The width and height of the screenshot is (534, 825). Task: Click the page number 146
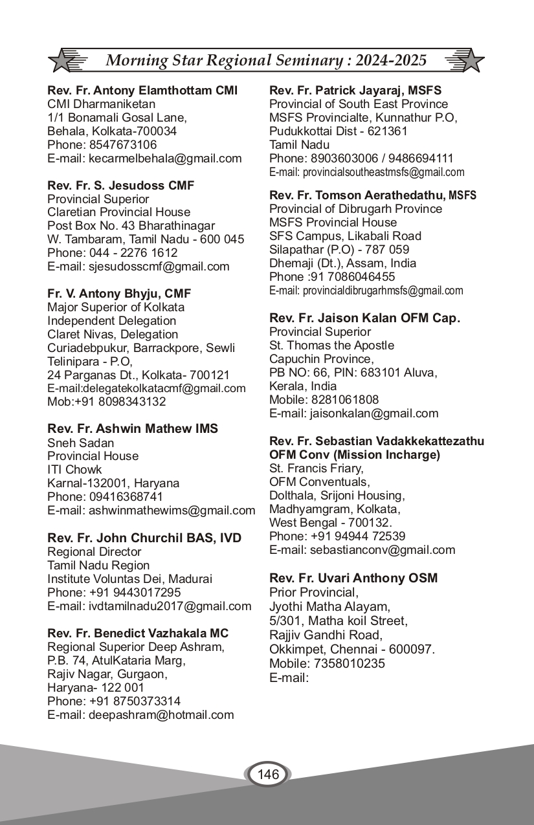[268, 775]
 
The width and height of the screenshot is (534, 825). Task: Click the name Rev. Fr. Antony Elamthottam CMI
[142, 90]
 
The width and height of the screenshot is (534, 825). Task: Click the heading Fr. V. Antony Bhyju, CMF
[119, 294]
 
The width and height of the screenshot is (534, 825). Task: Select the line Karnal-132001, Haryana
[113, 483]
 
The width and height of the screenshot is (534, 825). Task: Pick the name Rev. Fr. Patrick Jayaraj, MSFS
[355, 90]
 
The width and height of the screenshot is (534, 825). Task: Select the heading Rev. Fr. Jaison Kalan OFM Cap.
[364, 318]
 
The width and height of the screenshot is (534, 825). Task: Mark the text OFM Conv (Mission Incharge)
[355, 455]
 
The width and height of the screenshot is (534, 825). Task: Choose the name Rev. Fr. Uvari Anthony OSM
[353, 578]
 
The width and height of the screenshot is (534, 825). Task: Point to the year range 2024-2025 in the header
[391, 61]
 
